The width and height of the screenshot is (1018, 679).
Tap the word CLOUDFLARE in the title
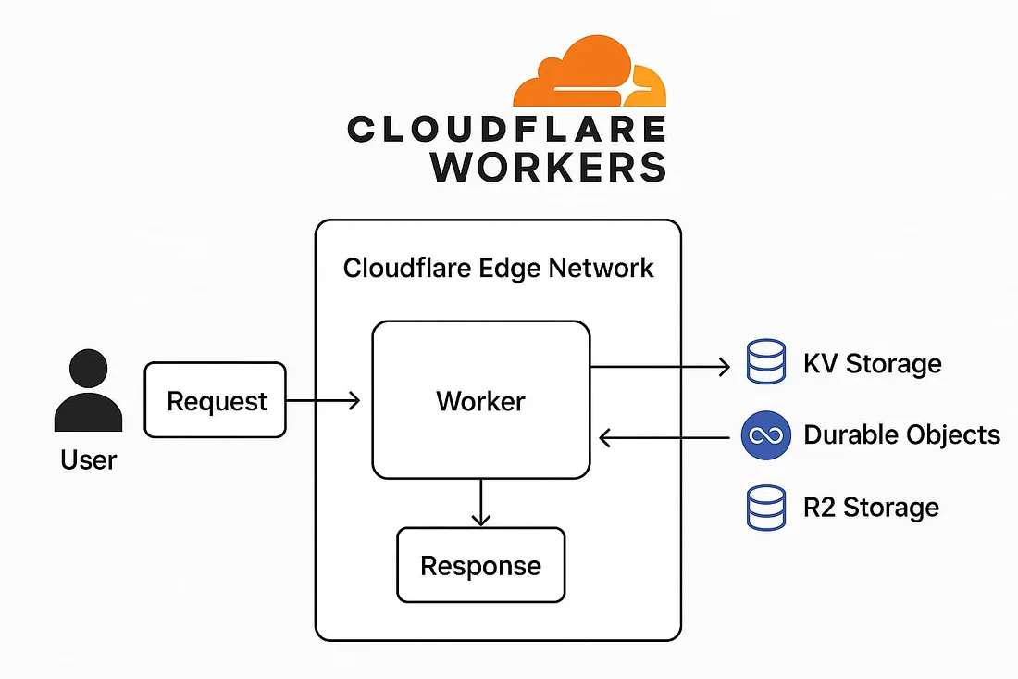point(505,130)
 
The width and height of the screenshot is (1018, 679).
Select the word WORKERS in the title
point(548,166)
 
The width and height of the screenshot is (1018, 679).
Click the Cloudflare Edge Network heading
point(498,269)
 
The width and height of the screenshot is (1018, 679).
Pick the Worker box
point(480,400)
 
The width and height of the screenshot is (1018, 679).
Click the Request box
point(216,400)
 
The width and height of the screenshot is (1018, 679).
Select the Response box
point(480,565)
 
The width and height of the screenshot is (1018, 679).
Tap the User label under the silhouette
point(89,459)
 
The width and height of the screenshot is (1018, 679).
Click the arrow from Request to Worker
point(323,400)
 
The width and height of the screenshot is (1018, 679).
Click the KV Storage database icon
point(765,363)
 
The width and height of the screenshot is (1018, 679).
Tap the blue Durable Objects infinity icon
point(766,435)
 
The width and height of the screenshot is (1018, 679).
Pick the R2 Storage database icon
point(765,508)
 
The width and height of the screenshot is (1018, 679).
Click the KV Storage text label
point(872,363)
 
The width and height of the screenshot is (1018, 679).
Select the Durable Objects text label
point(901,435)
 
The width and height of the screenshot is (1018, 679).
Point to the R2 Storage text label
point(871,508)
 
